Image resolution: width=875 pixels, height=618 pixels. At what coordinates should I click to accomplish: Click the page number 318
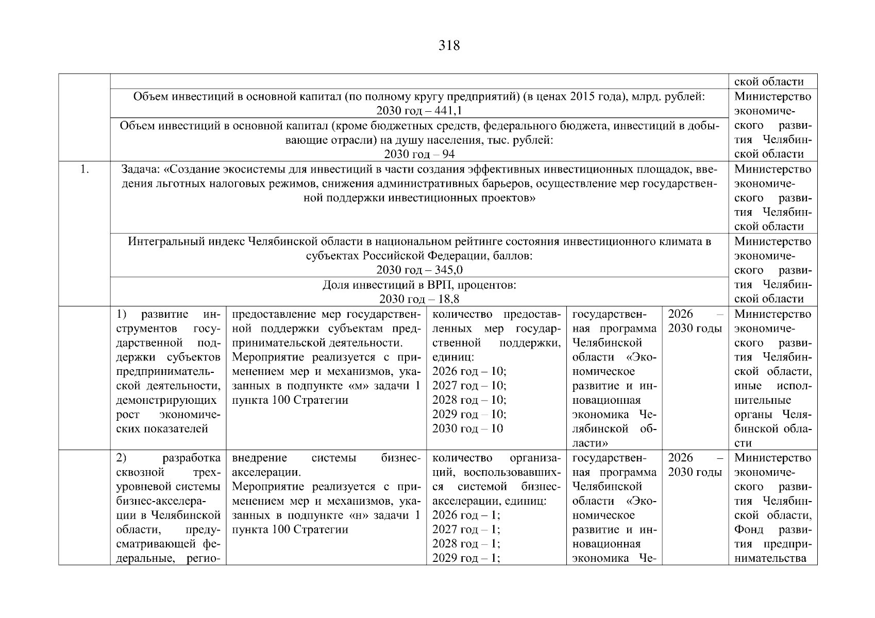[449, 46]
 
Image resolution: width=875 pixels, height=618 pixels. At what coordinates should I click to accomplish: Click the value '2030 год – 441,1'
[419, 111]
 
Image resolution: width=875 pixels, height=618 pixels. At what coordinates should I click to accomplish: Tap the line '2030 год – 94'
[419, 154]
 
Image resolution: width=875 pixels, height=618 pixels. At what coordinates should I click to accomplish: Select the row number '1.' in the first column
[85, 169]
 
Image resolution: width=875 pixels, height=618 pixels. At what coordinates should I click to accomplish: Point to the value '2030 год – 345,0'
[419, 270]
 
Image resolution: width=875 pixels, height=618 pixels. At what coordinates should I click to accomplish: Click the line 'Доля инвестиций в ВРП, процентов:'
[419, 285]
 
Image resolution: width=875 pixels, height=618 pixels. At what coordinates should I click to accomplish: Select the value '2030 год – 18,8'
[419, 299]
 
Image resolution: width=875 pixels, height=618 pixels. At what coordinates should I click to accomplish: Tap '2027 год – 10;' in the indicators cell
[469, 386]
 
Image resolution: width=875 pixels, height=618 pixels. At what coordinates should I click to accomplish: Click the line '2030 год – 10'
[467, 428]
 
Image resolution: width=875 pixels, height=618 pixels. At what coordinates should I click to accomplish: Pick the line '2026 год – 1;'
[466, 515]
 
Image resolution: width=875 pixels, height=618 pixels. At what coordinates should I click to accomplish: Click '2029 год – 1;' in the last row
[466, 558]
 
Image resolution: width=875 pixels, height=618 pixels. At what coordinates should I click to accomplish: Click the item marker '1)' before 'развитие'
[122, 314]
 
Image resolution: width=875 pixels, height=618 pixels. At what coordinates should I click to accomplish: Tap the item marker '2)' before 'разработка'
[122, 458]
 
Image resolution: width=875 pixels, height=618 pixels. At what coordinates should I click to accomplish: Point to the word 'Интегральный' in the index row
[161, 242]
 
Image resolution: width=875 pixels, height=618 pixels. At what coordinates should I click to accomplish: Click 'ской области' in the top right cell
[768, 82]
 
